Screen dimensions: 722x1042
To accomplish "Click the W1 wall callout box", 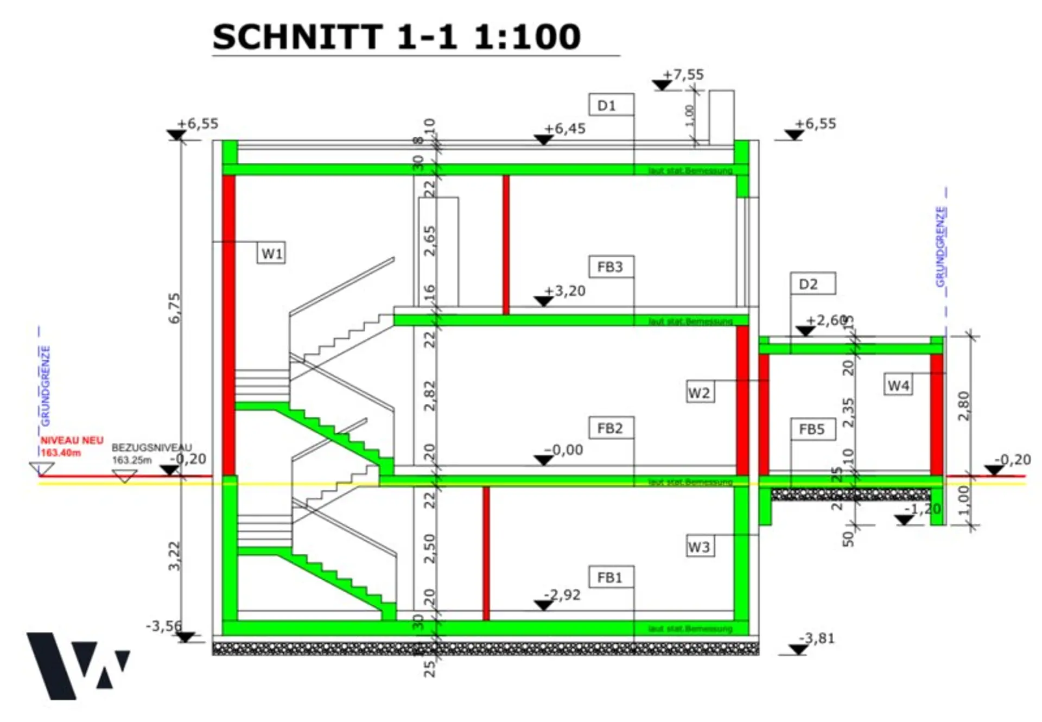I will coord(271,254).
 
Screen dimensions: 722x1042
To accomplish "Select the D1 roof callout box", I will coord(611,105).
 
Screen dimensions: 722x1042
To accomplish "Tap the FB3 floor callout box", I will coord(611,267).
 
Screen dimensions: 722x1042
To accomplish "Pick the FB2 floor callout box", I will coord(611,428).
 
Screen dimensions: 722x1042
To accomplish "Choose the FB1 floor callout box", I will coord(611,578).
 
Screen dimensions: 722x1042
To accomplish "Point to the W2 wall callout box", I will coord(700,392).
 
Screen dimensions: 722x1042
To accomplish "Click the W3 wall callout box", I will coord(700,547).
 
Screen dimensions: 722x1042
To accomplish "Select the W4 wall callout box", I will coord(898,385).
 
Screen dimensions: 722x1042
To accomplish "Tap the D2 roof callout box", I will coord(812,284).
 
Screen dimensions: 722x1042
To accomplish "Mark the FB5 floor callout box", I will coord(812,429).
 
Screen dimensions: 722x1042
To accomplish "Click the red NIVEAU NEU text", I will coord(72,441).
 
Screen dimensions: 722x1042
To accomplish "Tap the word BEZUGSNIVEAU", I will coord(151,448).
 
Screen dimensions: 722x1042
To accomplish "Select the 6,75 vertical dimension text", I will coord(174,308).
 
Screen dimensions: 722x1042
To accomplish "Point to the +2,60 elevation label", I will coord(827,320).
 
